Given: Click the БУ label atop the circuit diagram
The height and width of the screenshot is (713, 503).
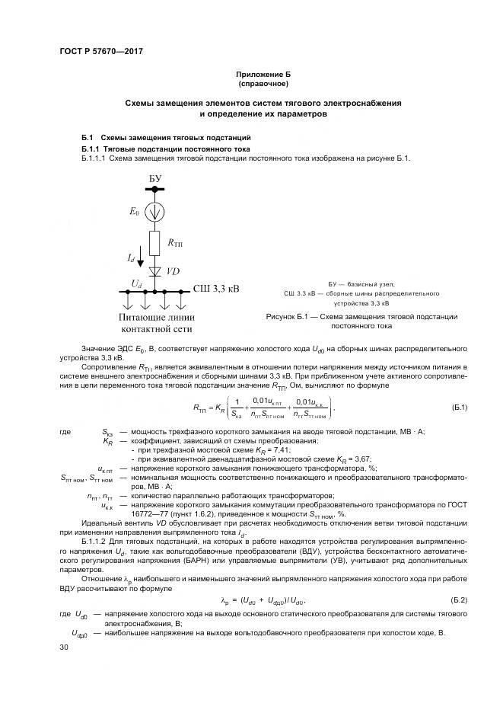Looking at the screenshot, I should coord(155,177).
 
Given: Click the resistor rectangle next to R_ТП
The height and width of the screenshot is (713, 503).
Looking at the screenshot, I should coord(154,244).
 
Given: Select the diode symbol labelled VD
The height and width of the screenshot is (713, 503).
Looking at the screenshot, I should coord(154,270).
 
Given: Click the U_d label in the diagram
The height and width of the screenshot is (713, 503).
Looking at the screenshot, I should coord(135,283).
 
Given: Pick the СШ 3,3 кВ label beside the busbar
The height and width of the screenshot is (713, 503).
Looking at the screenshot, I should coord(216,289).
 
